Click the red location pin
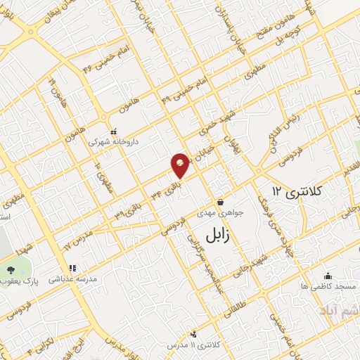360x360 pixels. coord(181,164)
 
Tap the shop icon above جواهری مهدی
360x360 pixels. coord(220,202)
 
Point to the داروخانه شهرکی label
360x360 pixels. coord(113,141)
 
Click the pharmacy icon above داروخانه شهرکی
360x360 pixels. coord(113,131)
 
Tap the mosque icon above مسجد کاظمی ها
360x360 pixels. coord(328,276)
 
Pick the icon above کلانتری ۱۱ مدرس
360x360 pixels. coord(194,334)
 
